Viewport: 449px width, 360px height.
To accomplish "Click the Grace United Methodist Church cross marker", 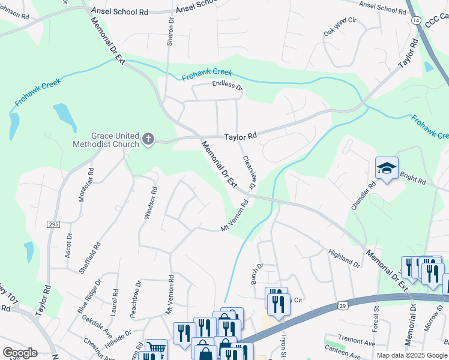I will coord(148,140).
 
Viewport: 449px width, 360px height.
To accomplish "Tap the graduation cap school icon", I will coord(387,169).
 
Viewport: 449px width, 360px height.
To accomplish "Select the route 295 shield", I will coord(52,224).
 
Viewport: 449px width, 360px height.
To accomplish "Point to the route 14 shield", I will coord(415,20).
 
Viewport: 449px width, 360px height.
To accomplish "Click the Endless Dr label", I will coord(227,86).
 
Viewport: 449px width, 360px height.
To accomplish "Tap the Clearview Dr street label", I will coord(249,173).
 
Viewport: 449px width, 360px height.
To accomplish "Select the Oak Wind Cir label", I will coord(340,28).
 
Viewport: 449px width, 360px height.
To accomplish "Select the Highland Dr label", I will coord(344,258).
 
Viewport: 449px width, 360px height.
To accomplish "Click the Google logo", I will coord(20,353).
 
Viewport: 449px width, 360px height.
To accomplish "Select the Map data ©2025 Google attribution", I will coord(411,355).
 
